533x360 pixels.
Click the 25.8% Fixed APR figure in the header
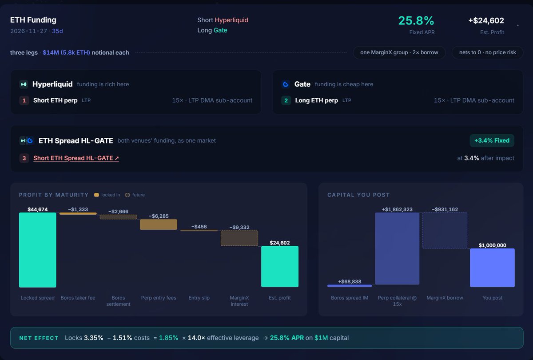[416, 20]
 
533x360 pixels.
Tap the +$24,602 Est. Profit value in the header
[486, 20]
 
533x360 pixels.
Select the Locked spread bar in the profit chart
[38, 250]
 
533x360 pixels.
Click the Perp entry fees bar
[159, 224]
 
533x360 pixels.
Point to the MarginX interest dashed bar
[239, 238]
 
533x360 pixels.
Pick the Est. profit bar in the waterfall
[280, 266]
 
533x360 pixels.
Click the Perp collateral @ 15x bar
[397, 248]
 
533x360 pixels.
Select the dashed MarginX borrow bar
[445, 231]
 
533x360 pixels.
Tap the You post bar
[492, 268]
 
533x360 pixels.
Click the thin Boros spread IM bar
[350, 286]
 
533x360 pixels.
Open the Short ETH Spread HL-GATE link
[76, 158]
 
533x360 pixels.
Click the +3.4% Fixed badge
[492, 140]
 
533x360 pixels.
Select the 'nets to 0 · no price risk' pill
[488, 52]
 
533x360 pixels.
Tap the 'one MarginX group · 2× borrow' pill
[399, 52]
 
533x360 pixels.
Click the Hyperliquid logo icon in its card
[24, 84]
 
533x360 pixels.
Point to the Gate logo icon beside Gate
[286, 84]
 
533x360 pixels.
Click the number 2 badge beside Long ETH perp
[286, 100]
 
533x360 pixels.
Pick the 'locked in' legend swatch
[96, 195]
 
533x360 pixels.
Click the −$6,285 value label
[159, 216]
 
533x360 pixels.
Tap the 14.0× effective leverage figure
[196, 338]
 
